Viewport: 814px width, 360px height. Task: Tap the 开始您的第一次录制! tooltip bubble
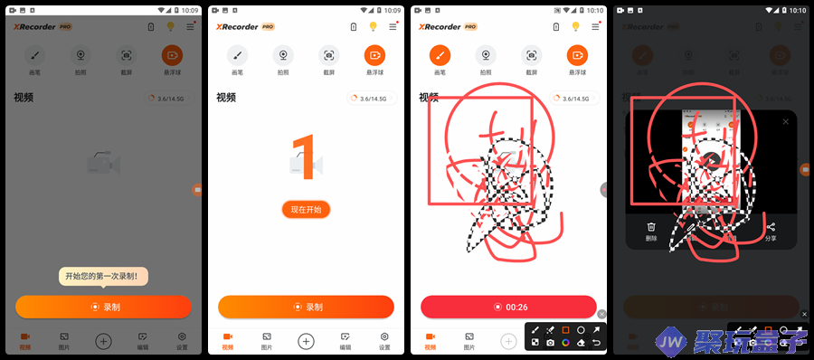coord(104,276)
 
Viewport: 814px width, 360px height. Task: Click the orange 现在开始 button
coord(306,210)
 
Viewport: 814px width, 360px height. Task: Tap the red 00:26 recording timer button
coord(508,308)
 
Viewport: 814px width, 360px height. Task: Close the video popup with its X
coord(785,121)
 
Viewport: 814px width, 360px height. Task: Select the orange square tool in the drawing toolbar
coord(565,330)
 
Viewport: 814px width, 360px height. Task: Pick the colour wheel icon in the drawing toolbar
coord(565,343)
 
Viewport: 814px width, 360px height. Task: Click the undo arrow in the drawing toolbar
coord(596,343)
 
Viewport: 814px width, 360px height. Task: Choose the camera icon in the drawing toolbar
coord(550,343)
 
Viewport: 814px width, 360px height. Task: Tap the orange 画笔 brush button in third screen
coord(440,54)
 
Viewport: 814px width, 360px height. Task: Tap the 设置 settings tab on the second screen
coord(384,341)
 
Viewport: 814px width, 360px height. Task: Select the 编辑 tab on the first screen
coord(143,341)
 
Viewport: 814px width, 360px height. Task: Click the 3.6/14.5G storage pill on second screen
coord(372,99)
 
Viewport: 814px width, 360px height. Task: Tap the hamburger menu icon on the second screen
coord(393,27)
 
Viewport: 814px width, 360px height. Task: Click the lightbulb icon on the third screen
coord(575,27)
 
